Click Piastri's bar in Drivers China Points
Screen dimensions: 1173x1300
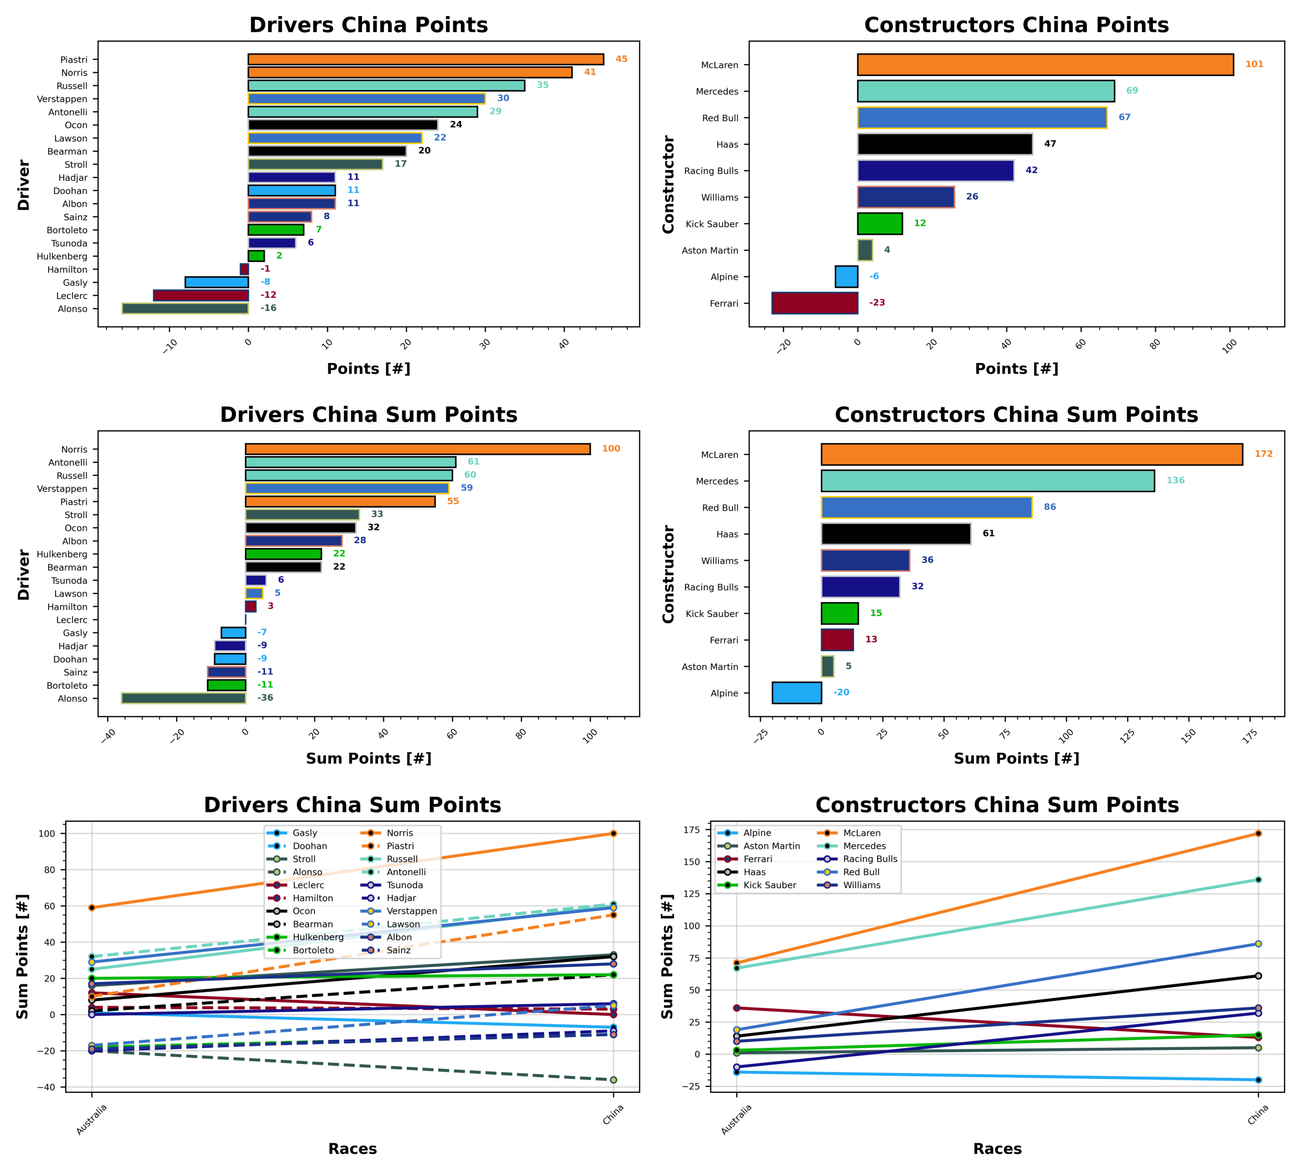(425, 59)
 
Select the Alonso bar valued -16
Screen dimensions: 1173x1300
(185, 308)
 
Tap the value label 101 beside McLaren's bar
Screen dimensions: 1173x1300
(1253, 65)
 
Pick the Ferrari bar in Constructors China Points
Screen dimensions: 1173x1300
(814, 303)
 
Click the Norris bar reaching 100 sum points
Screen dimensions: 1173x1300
(418, 449)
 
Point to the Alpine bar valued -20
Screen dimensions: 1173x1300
(797, 693)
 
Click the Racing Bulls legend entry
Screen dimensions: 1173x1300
(870, 859)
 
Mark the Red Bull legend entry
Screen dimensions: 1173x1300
(860, 872)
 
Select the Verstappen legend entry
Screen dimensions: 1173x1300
(411, 910)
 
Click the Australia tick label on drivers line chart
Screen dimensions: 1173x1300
(91, 1120)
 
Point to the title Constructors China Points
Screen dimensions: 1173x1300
(1016, 25)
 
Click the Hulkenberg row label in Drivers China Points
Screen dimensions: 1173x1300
(62, 257)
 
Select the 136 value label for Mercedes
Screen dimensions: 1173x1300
(1175, 481)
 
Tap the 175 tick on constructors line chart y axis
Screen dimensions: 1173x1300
(691, 830)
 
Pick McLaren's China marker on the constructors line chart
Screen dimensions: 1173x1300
(1258, 834)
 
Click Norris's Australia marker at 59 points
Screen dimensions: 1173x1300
(91, 907)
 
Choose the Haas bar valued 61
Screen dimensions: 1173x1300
(895, 534)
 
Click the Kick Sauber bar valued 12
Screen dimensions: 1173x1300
(879, 223)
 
